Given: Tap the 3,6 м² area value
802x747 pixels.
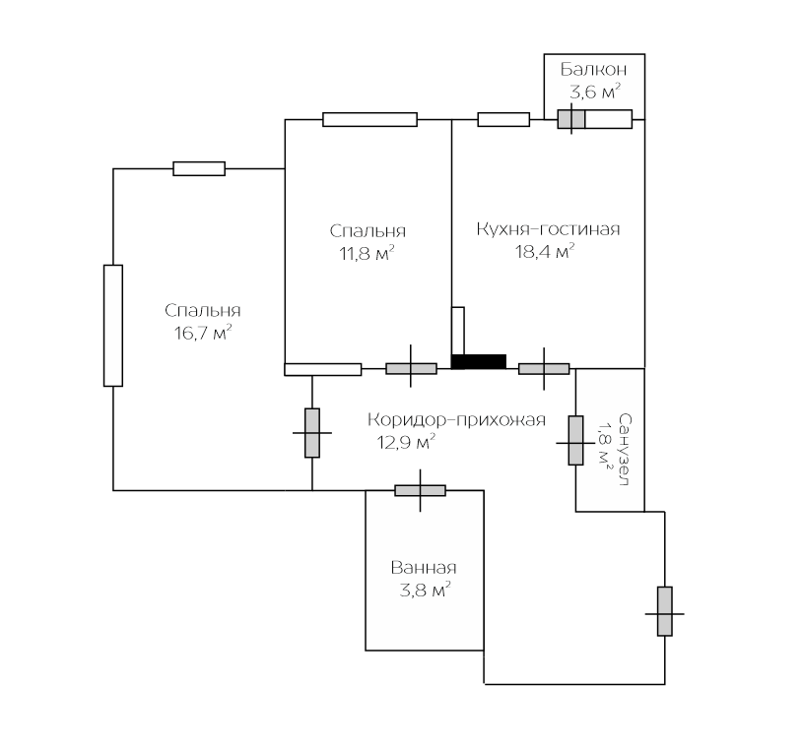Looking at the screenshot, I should pyautogui.click(x=594, y=93).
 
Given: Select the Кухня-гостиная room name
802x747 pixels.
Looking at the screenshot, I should pyautogui.click(x=548, y=229).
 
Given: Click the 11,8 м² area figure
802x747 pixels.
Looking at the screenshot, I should pyautogui.click(x=368, y=253).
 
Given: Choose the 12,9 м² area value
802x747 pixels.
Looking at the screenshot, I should pyautogui.click(x=407, y=443).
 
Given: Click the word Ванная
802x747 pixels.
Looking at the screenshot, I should pyautogui.click(x=424, y=568).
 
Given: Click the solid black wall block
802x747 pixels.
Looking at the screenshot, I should pyautogui.click(x=479, y=361).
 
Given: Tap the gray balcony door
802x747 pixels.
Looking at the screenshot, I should pyautogui.click(x=571, y=119).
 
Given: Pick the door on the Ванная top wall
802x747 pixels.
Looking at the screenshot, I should pyautogui.click(x=420, y=490).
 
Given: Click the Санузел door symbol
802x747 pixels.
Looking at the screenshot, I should pyautogui.click(x=575, y=440).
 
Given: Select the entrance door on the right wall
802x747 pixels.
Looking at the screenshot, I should pyautogui.click(x=665, y=611).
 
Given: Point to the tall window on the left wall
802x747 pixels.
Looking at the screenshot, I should pyautogui.click(x=113, y=325).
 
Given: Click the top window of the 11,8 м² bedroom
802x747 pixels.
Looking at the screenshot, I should pyautogui.click(x=369, y=119).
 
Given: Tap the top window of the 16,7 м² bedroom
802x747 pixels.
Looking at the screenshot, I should pyautogui.click(x=199, y=168).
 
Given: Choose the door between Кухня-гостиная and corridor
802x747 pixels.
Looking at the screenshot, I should pyautogui.click(x=544, y=369).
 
